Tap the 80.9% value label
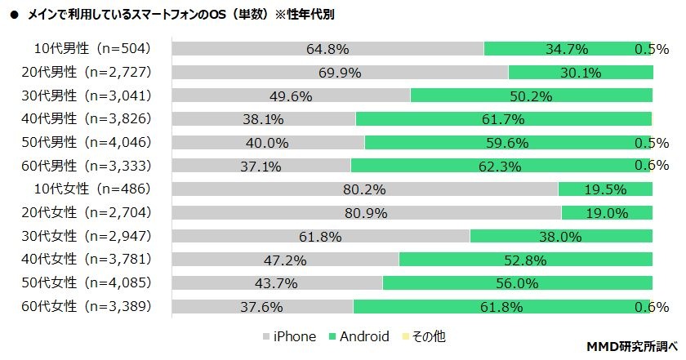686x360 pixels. pyautogui.click(x=367, y=213)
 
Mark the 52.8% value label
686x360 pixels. pyautogui.click(x=524, y=260)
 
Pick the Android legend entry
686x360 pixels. pyautogui.click(x=359, y=336)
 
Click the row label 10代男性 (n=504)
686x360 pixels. pyautogui.click(x=91, y=48)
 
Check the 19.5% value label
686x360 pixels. pyautogui.click(x=605, y=189)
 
